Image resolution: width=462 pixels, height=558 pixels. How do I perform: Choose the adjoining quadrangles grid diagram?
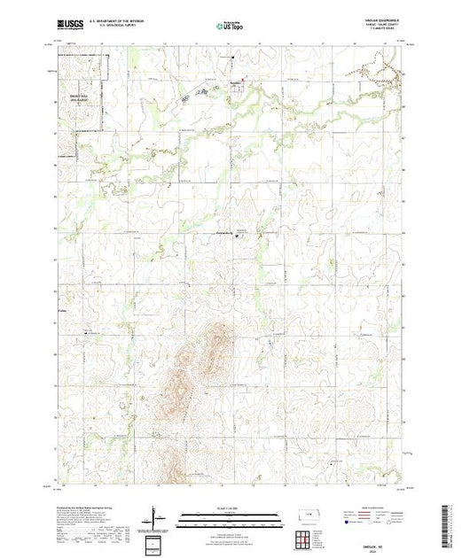click(304, 537)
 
